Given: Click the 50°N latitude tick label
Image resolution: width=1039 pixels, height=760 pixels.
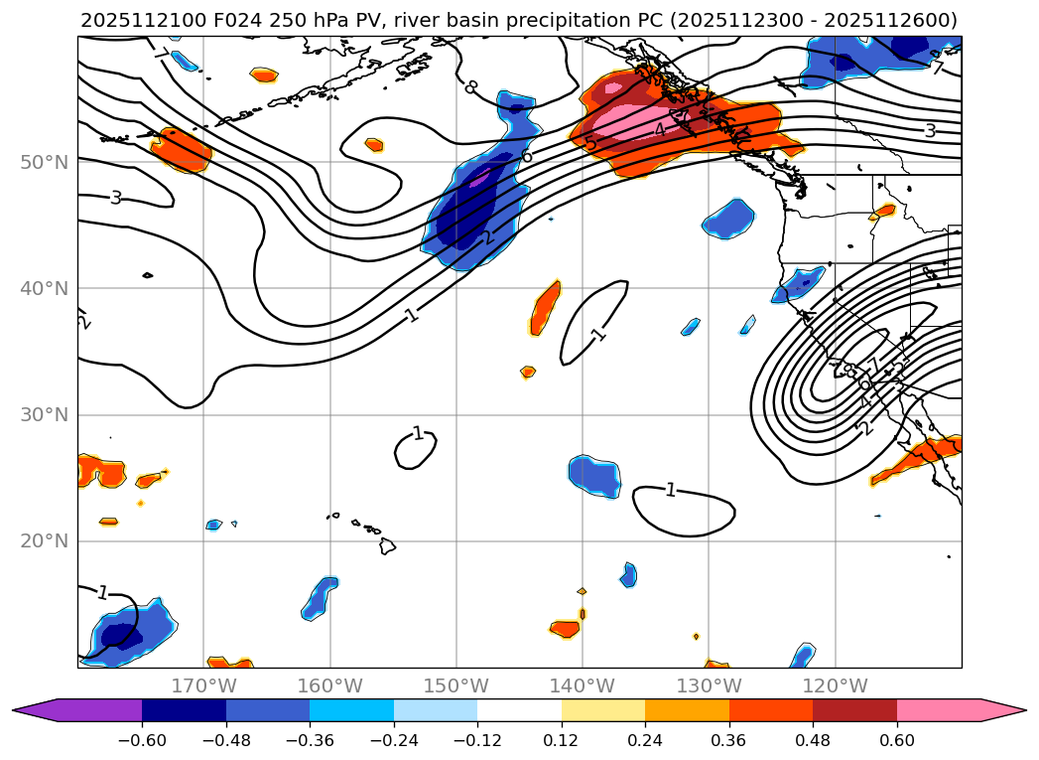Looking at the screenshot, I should point(44,162).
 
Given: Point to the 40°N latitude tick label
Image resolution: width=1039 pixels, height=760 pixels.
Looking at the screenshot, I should point(44,288).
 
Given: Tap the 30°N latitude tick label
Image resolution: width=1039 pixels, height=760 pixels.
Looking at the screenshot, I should point(44,414).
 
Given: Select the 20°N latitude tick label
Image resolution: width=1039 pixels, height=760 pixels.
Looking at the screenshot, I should point(44,541).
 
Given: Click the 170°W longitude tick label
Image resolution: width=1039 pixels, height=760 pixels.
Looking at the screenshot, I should point(203,685).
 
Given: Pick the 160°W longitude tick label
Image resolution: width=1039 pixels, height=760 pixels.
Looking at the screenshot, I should point(329,685).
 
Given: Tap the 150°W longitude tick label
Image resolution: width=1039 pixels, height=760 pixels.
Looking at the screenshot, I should point(456,685).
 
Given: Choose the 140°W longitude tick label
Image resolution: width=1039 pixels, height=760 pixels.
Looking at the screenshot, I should point(583,685).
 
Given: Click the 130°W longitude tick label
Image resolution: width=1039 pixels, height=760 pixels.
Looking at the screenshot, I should point(709,685).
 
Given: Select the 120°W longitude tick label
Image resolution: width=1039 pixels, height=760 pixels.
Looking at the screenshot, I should point(835,685).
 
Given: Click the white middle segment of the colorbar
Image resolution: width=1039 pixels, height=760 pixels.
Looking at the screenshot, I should point(519,710).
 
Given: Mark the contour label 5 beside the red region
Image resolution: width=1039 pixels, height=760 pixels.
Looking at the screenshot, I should point(591,145).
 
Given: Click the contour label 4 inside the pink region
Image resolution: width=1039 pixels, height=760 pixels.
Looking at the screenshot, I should point(659,130).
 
